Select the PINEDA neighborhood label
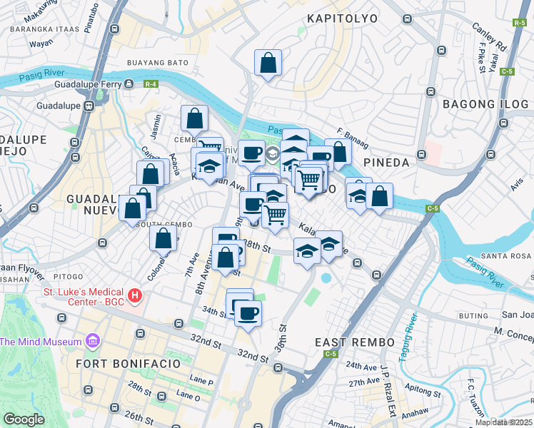pos(386,163)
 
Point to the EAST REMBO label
pos(355,343)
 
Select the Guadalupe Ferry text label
pos(86,84)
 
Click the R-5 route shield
pos(520,24)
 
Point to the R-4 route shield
pos(150,84)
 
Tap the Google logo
pos(24,419)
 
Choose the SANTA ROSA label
pos(507,255)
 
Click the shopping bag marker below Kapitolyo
pos(268,63)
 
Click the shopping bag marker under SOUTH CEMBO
pos(163,238)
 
